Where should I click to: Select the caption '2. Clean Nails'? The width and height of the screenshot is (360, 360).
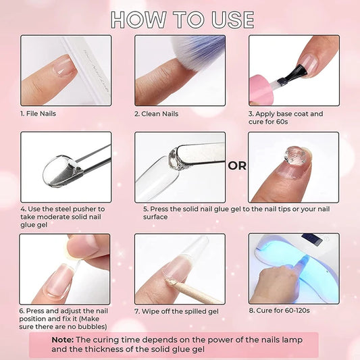pyautogui.click(x=156, y=113)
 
